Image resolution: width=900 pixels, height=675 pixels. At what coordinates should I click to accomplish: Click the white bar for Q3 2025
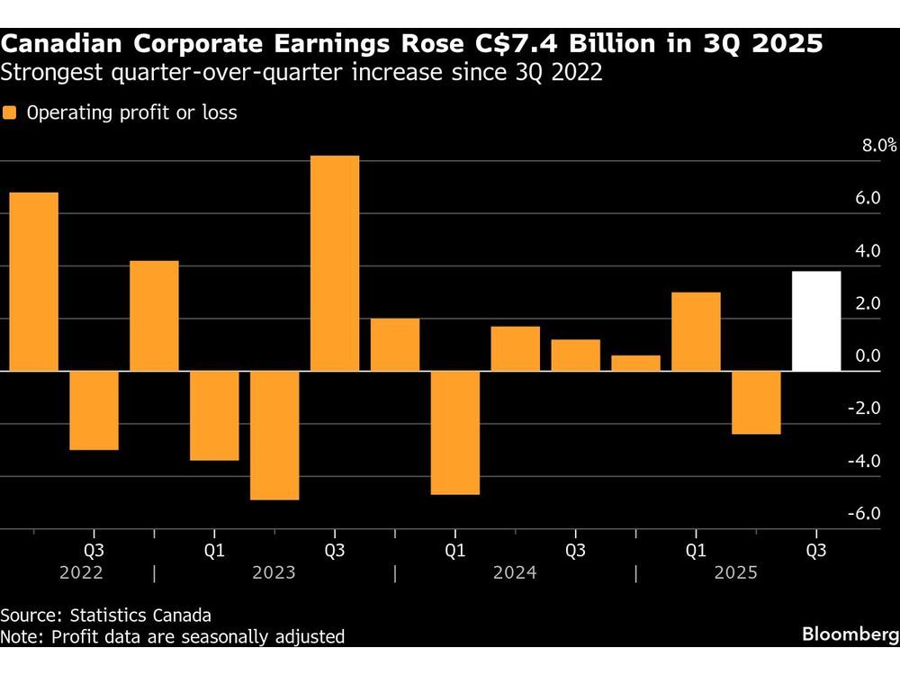(815, 320)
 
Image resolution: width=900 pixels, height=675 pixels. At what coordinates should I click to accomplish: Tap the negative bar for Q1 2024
(455, 432)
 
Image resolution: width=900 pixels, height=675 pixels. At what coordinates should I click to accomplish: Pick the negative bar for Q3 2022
(94, 409)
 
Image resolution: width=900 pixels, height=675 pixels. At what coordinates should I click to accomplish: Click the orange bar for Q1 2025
(696, 331)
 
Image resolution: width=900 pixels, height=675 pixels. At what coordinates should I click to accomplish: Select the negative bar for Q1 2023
(214, 415)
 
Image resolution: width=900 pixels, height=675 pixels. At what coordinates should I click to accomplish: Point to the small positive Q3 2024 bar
(576, 355)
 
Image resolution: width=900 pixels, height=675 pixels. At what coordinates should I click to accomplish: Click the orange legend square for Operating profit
(10, 113)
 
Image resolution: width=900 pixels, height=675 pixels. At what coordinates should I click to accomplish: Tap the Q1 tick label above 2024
(455, 549)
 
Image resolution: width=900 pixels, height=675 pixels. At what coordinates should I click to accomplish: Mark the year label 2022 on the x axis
(80, 573)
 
